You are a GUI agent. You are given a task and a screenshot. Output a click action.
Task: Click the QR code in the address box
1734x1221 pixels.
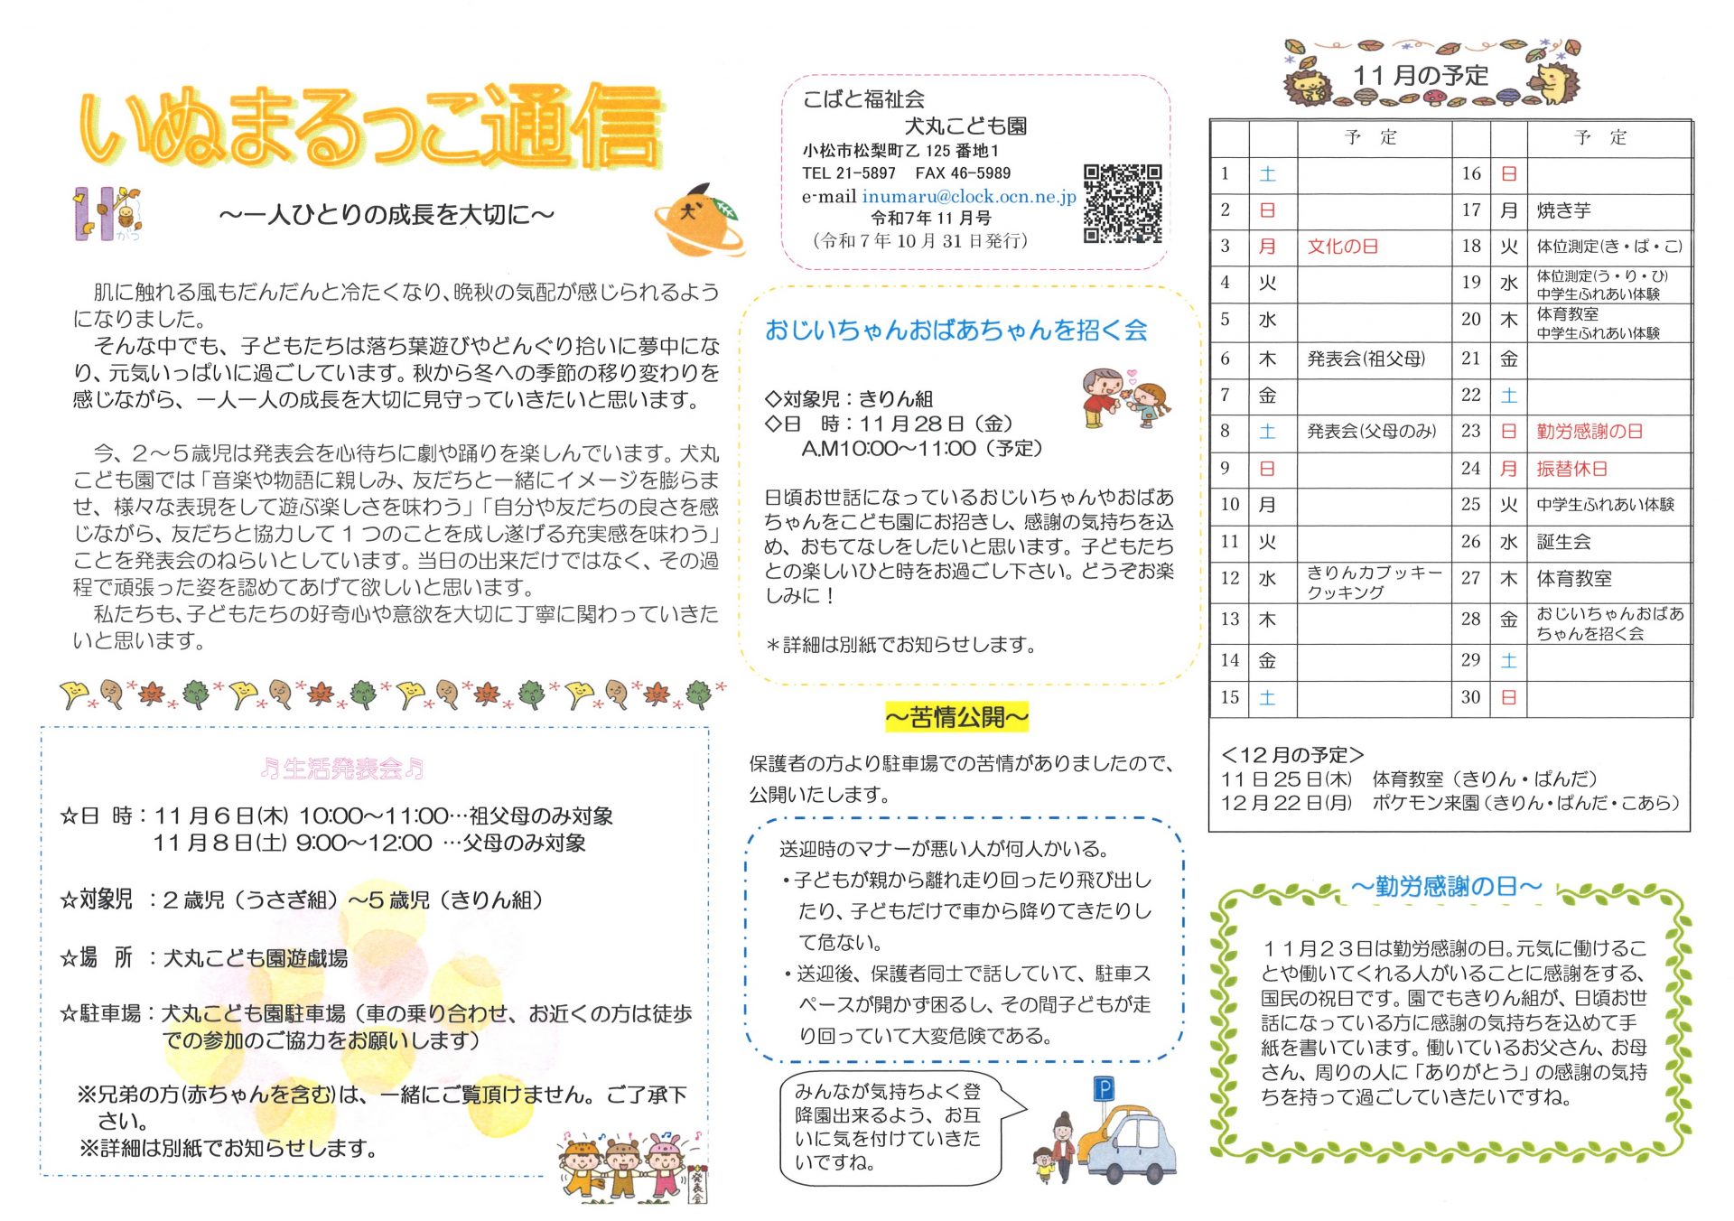pyautogui.click(x=1122, y=203)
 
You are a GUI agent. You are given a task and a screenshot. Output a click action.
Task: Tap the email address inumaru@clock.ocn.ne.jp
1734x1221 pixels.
pyautogui.click(x=968, y=196)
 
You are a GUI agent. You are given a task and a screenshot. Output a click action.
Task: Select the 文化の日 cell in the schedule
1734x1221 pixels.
pyautogui.click(x=1342, y=247)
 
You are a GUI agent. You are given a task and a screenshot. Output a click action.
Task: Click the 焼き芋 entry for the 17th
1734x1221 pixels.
pyautogui.click(x=1563, y=210)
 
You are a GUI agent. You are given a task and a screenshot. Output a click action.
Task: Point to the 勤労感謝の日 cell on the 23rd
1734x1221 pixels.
pyautogui.click(x=1589, y=432)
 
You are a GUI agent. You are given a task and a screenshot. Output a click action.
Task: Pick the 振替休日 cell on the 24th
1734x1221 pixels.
pyautogui.click(x=1571, y=469)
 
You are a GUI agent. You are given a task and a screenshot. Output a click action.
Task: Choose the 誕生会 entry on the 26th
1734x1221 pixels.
pyautogui.click(x=1563, y=542)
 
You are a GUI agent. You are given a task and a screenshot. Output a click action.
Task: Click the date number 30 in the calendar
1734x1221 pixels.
pyautogui.click(x=1470, y=697)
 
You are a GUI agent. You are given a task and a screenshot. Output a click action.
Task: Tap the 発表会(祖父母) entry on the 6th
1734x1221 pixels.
pyautogui.click(x=1366, y=359)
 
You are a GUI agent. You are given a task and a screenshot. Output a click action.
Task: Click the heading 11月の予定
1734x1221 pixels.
pyautogui.click(x=1420, y=76)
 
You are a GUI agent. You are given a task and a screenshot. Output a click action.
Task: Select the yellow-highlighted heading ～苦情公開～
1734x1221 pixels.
pyautogui.click(x=956, y=718)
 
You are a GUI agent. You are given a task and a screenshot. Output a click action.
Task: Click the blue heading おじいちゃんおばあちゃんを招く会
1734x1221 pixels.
pyautogui.click(x=956, y=331)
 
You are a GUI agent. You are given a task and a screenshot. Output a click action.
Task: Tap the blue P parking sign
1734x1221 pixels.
pyautogui.click(x=1104, y=1089)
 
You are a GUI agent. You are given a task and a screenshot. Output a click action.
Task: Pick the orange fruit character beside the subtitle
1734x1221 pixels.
pyautogui.click(x=697, y=219)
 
